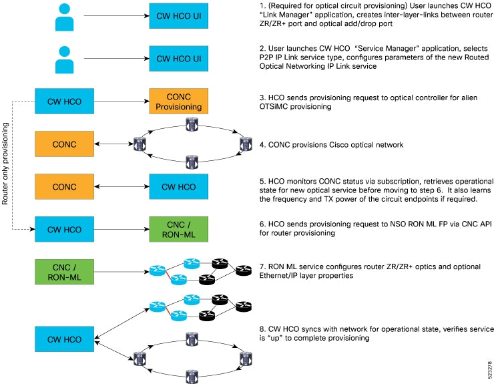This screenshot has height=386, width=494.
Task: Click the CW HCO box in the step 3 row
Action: click(64, 102)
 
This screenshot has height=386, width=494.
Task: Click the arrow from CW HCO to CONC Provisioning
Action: click(120, 102)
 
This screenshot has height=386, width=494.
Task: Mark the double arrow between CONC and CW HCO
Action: click(120, 186)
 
